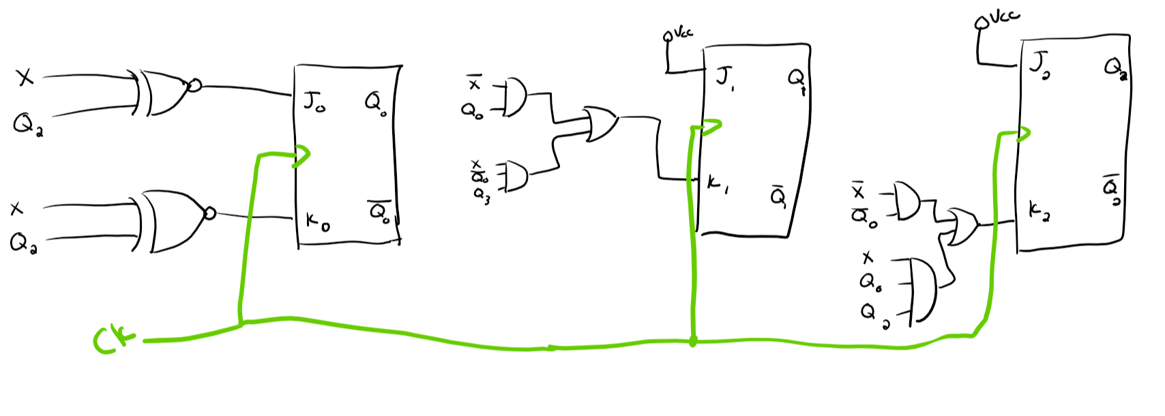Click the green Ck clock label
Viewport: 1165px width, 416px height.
tap(112, 340)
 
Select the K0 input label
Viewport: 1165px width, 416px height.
tap(317, 221)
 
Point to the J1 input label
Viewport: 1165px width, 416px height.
tap(724, 77)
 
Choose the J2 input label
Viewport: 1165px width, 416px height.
tap(1040, 65)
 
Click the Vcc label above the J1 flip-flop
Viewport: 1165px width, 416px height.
tap(683, 32)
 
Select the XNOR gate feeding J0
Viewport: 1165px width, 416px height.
tap(164, 92)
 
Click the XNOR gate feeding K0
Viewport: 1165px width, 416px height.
tap(171, 220)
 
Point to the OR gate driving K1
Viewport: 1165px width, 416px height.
tap(600, 123)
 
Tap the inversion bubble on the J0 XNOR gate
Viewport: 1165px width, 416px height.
tap(194, 85)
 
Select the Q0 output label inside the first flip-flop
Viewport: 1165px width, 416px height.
tap(376, 104)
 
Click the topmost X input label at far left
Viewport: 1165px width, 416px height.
tap(25, 78)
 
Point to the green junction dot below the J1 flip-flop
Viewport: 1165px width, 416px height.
tap(693, 342)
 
